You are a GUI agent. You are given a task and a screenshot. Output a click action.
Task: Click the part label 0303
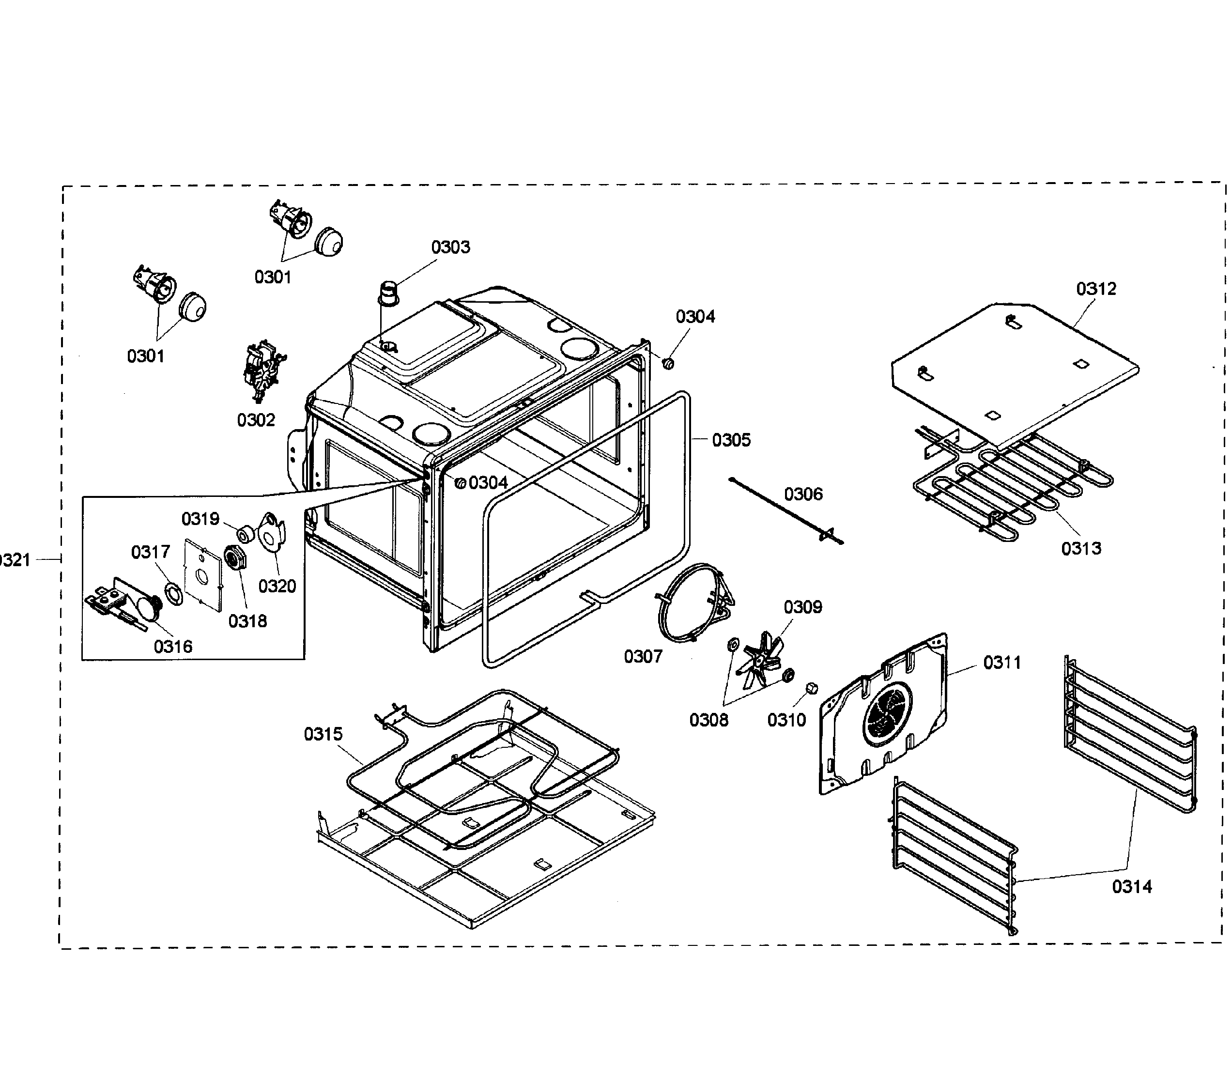click(450, 247)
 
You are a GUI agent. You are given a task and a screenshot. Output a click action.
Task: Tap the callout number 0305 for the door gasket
click(731, 440)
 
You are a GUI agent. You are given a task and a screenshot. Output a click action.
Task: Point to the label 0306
click(803, 494)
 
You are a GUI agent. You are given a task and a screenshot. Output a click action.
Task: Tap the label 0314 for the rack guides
click(1131, 886)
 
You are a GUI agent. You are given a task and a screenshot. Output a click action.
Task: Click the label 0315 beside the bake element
click(323, 734)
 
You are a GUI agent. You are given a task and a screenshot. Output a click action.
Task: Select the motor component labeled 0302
click(263, 372)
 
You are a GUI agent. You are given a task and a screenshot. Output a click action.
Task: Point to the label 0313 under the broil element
click(1081, 548)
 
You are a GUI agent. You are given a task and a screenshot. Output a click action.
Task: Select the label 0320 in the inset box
click(277, 586)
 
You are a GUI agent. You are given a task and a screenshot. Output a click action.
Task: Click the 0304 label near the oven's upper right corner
click(695, 317)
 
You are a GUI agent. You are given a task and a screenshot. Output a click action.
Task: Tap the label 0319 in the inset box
click(200, 519)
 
